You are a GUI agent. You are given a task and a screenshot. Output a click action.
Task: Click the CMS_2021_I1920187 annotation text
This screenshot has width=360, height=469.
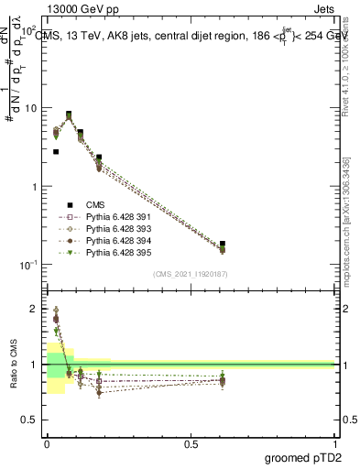pyautogui.click(x=191, y=273)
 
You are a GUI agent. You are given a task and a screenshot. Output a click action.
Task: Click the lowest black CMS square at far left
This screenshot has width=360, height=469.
pyautogui.click(x=56, y=152)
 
